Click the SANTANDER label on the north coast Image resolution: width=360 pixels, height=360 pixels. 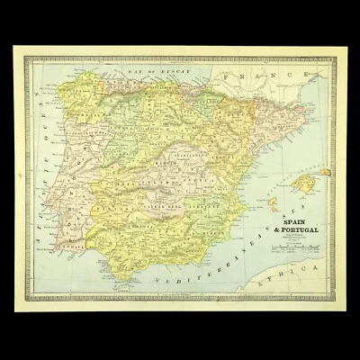144,88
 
